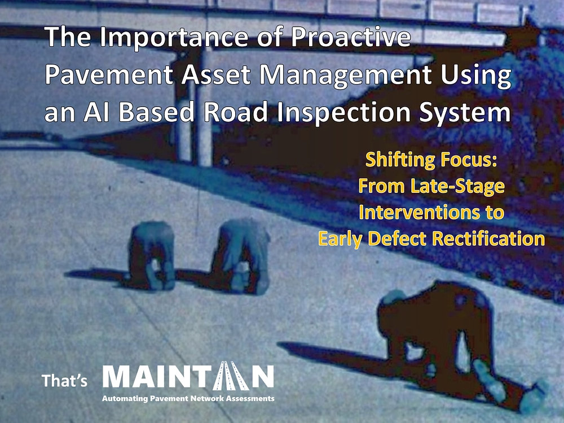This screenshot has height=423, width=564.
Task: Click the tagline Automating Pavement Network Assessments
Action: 187,399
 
